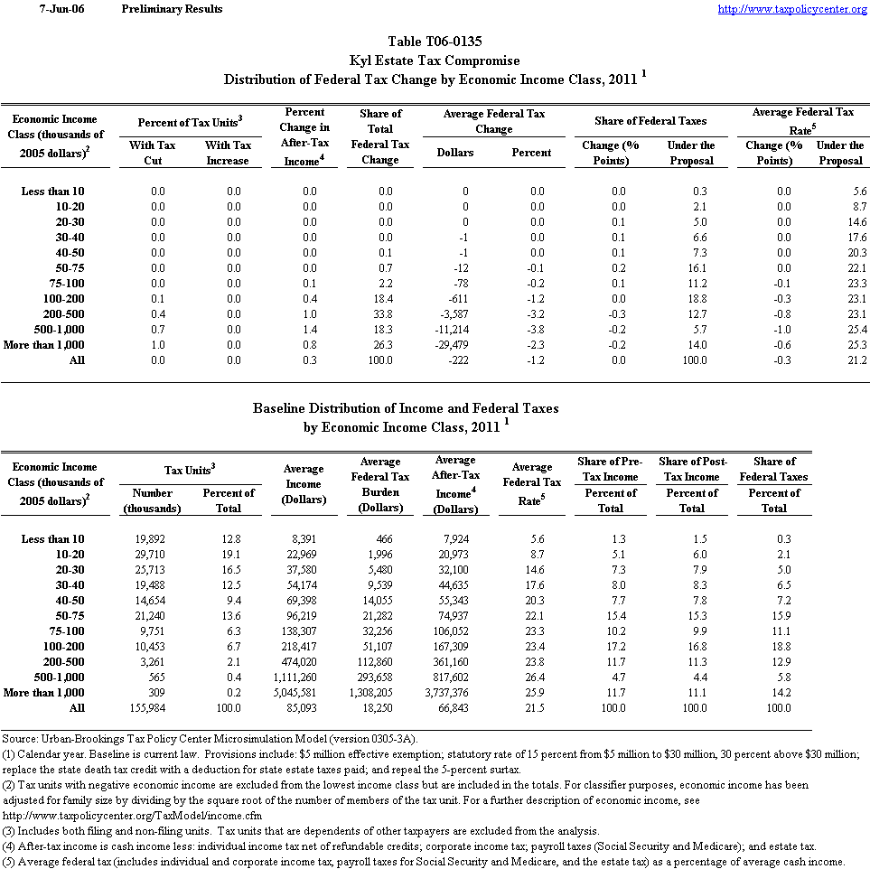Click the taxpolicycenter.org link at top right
(x=792, y=9)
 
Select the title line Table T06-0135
(x=435, y=42)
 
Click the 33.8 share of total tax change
(x=380, y=313)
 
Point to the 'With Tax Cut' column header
(x=152, y=153)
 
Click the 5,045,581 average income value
(x=303, y=693)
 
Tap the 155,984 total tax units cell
(x=152, y=708)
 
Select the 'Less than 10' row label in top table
(x=53, y=191)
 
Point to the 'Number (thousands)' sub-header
(x=152, y=500)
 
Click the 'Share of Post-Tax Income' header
(x=692, y=469)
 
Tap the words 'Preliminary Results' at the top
(x=172, y=9)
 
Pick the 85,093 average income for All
(x=303, y=708)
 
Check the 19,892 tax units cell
(x=152, y=539)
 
